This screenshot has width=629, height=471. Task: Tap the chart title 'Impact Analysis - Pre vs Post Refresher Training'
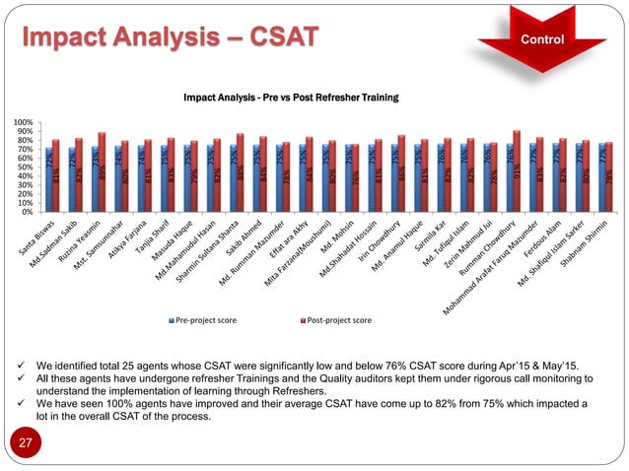point(290,99)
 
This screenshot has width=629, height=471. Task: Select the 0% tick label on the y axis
point(30,212)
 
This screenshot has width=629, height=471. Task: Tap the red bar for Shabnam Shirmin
point(609,177)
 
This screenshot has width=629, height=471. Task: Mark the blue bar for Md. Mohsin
point(349,178)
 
